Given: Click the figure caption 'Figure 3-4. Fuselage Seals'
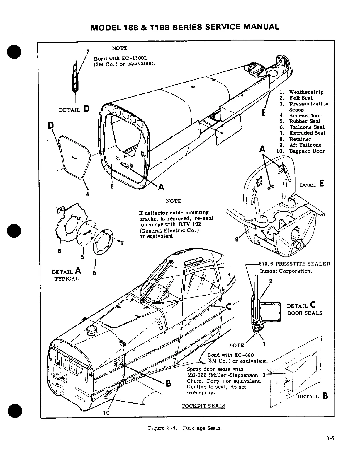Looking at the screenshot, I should point(184,428).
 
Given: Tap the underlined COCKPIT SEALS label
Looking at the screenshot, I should point(203,406).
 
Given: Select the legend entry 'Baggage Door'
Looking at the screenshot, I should point(307,151).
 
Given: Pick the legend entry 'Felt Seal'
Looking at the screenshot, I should point(301,98).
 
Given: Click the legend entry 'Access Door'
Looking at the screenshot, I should point(305,115).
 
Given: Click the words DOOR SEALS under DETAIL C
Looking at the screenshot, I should point(305,313).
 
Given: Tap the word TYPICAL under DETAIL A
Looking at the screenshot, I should point(67,279).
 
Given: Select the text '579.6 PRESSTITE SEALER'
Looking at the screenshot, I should point(295,264).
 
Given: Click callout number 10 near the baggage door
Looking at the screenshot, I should point(106,413).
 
